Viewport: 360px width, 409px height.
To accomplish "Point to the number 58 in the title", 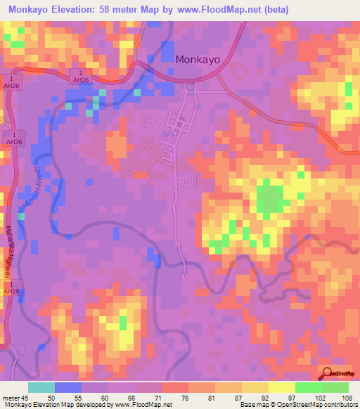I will (127, 10).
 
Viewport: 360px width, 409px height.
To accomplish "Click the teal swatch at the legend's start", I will (41, 387).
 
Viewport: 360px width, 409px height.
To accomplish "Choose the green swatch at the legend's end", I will (335, 387).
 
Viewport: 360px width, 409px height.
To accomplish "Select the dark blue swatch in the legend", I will (68, 387).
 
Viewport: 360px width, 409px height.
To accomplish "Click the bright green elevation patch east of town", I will (269, 197).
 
